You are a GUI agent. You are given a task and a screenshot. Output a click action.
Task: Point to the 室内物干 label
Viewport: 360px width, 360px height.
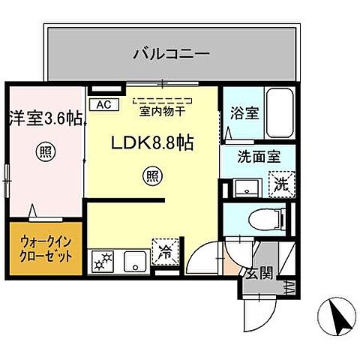point(160,113)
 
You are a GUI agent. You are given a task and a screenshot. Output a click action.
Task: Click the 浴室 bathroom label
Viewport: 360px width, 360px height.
point(244,114)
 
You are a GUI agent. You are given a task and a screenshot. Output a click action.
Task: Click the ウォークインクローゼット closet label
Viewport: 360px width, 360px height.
point(43,248)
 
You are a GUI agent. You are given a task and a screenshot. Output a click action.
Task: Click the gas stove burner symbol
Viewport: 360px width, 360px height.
point(100,262)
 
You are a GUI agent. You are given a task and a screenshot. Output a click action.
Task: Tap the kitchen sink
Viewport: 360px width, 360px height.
point(136,262)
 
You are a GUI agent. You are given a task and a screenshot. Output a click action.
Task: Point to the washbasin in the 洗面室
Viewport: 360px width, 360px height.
point(242,185)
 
